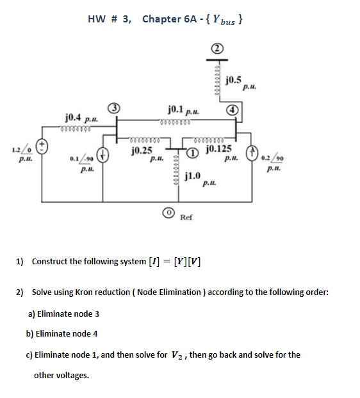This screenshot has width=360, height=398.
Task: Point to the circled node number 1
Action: click(x=191, y=154)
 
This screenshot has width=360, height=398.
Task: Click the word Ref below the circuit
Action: click(x=186, y=218)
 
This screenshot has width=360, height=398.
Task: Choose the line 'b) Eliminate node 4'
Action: click(x=62, y=333)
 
